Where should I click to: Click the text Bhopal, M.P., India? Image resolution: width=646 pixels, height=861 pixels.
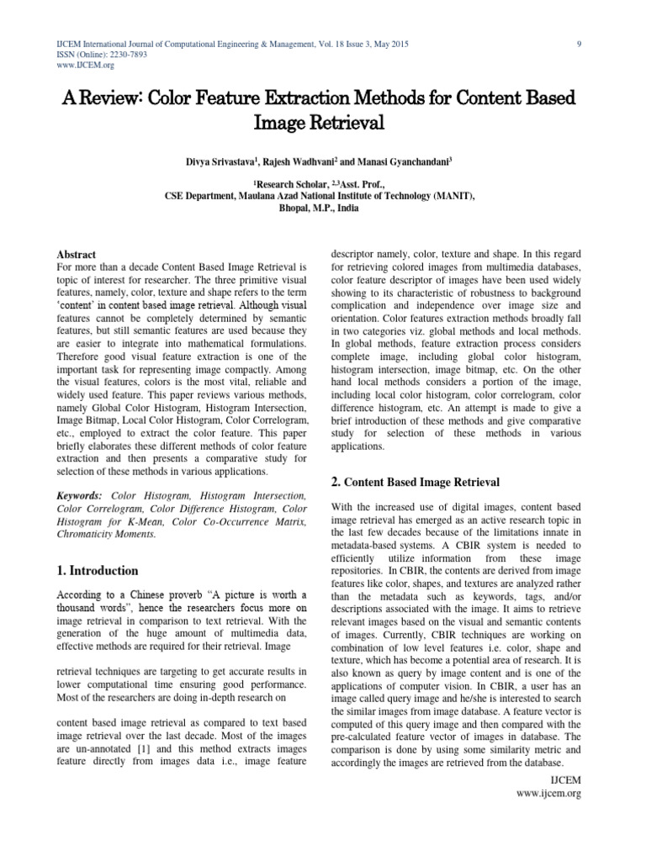pos(323,207)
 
